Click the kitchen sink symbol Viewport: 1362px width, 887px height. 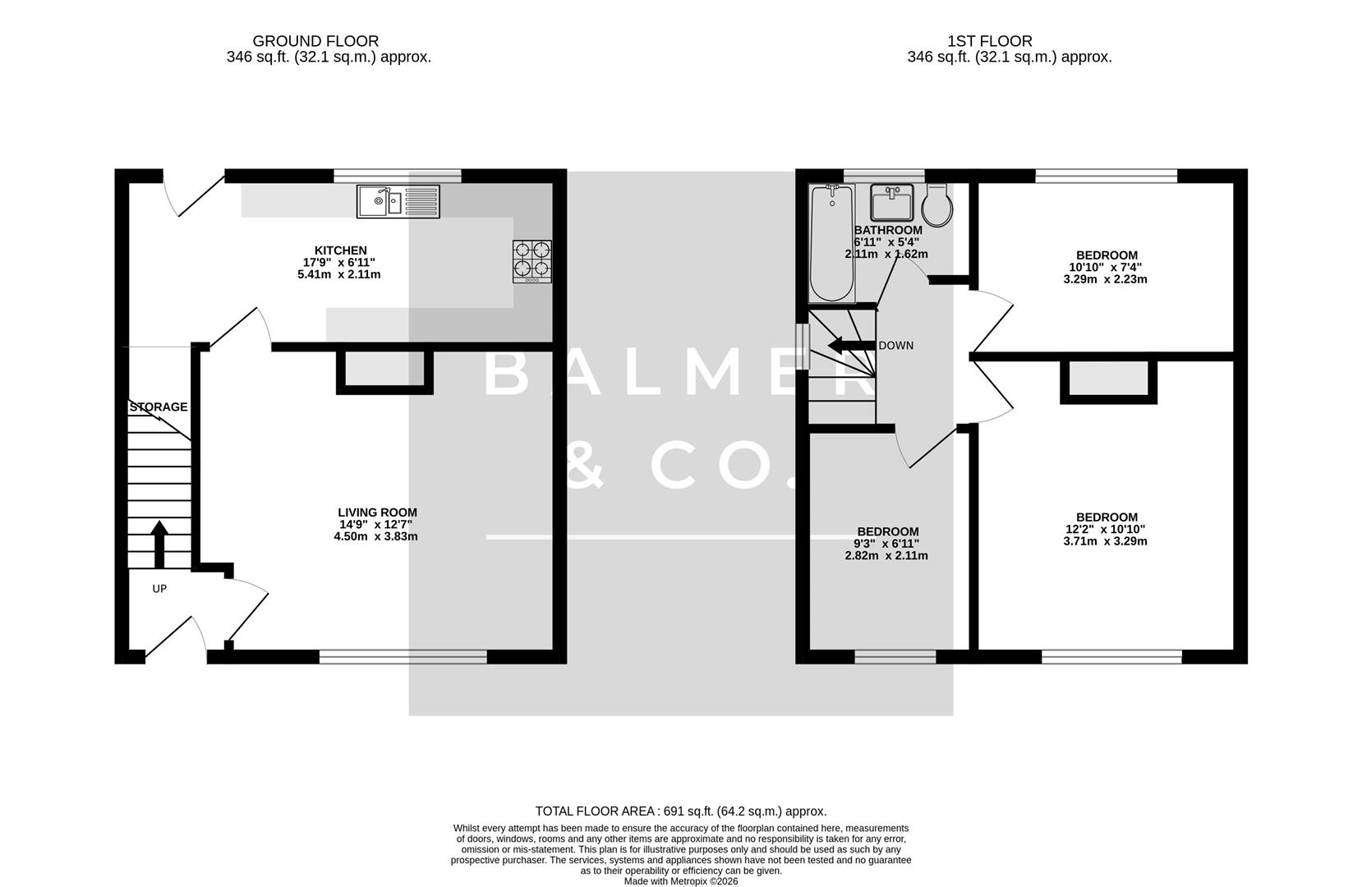click(x=398, y=201)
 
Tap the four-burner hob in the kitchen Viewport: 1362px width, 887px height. click(x=532, y=260)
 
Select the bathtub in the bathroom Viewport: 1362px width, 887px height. click(x=832, y=243)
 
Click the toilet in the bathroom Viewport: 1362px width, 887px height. click(x=937, y=205)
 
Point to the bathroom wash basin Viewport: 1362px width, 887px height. click(x=891, y=202)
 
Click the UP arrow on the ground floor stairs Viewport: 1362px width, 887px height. click(x=159, y=544)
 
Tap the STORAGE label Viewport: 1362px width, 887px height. click(x=159, y=407)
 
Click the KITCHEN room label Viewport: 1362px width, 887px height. click(x=340, y=250)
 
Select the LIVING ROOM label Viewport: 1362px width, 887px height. click(x=377, y=512)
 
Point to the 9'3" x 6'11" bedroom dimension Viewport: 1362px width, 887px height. click(x=887, y=544)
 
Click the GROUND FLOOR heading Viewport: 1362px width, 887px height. click(x=315, y=40)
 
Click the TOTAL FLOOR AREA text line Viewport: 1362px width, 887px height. click(x=680, y=811)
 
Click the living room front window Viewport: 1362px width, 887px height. click(x=403, y=656)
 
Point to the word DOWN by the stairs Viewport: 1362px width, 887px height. click(x=895, y=346)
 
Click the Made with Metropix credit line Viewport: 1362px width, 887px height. click(x=680, y=881)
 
